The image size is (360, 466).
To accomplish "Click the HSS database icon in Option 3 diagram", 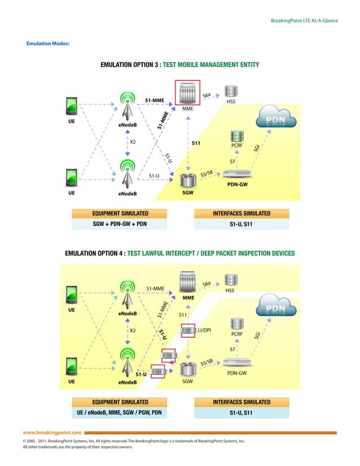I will [x=230, y=91].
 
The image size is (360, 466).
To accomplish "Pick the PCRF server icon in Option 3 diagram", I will [x=236, y=137].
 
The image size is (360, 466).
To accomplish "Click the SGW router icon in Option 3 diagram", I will [x=187, y=181].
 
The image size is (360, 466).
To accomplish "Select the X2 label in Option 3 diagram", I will [x=133, y=142].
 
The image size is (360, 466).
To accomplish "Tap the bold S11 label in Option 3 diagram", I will [x=196, y=143].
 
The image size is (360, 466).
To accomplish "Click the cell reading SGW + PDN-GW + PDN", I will [x=120, y=224].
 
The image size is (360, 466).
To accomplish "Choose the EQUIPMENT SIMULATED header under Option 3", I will [x=120, y=213].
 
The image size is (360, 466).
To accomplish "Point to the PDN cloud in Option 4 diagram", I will [x=276, y=310].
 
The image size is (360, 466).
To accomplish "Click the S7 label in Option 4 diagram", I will [x=232, y=350].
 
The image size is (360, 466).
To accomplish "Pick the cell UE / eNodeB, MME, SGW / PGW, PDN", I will [x=120, y=412].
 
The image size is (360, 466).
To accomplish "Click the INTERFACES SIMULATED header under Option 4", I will [x=241, y=402].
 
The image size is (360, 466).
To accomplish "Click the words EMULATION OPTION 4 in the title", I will [x=94, y=253].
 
